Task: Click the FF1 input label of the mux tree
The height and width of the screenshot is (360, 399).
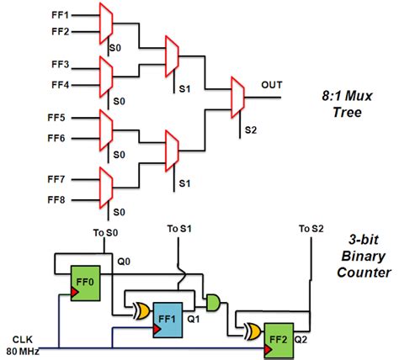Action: click(x=61, y=14)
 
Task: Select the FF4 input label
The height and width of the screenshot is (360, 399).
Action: click(x=61, y=83)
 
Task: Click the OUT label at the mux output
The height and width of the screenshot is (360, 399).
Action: click(x=272, y=85)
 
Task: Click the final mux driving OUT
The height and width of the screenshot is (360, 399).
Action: click(x=238, y=99)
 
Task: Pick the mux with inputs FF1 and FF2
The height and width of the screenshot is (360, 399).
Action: click(x=105, y=23)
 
